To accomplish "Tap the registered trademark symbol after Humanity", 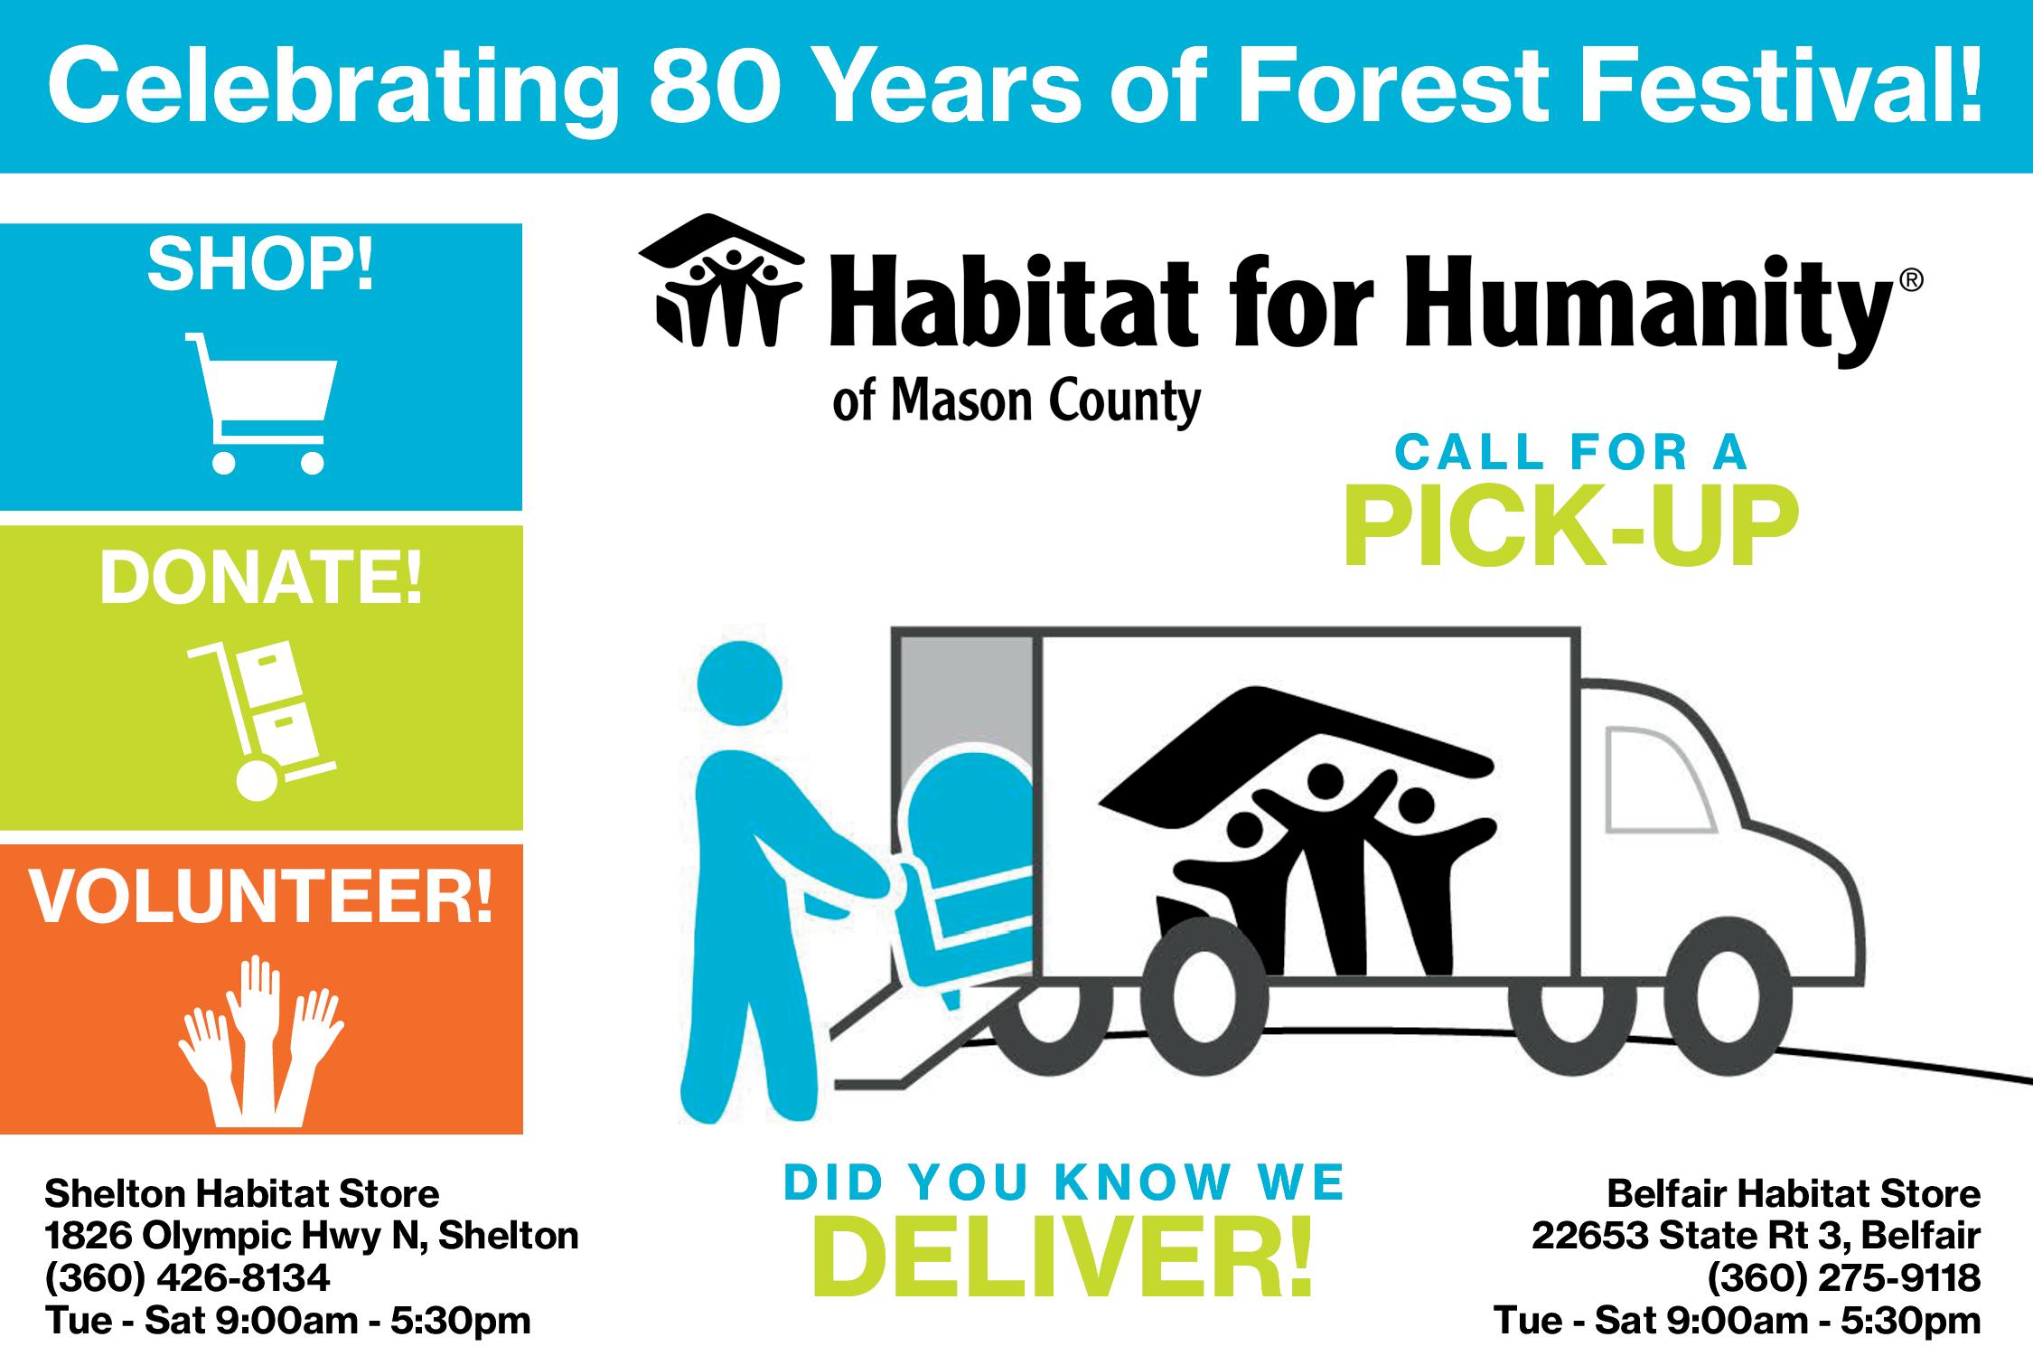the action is coord(1911,281).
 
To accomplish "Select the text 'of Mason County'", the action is coord(1016,401).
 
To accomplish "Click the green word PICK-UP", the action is coord(1570,527).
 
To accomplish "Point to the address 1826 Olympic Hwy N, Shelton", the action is coord(312,1235).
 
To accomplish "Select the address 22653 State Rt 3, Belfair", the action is coord(1756,1235).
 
